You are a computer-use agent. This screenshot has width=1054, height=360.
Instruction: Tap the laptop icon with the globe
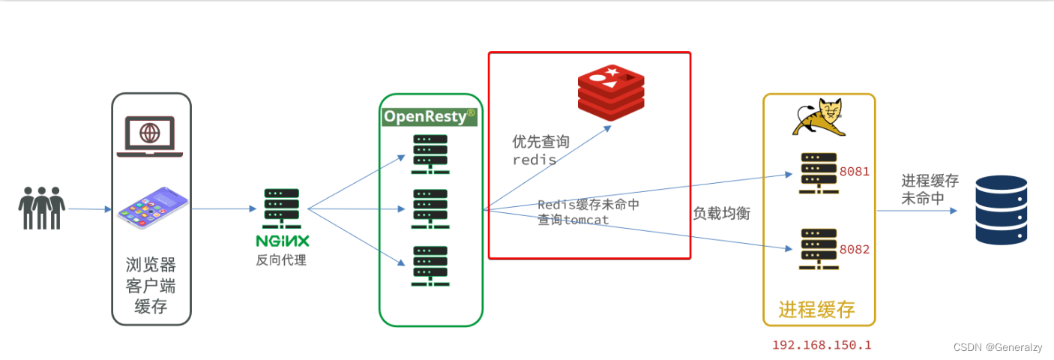click(x=150, y=136)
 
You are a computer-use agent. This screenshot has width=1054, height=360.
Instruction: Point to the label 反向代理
click(x=280, y=260)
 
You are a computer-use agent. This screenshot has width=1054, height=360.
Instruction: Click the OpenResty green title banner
click(x=430, y=116)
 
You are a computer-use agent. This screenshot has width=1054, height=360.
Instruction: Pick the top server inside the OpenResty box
click(x=430, y=154)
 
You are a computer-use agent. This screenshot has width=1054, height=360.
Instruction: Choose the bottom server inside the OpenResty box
click(x=430, y=266)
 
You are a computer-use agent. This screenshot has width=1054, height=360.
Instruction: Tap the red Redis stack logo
click(x=611, y=93)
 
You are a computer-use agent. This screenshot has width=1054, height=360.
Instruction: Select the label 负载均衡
click(x=721, y=213)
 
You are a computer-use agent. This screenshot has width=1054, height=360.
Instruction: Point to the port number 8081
click(x=855, y=171)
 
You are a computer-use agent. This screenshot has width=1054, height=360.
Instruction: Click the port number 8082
click(x=855, y=249)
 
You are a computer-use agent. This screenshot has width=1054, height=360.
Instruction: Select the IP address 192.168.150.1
click(x=822, y=345)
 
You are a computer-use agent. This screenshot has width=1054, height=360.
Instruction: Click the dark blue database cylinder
click(x=1001, y=210)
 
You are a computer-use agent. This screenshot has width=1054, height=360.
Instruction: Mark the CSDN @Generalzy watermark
click(x=997, y=347)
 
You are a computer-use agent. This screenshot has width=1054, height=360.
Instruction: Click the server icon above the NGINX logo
click(x=281, y=209)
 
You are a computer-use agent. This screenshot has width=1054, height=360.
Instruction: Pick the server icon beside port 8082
click(x=818, y=248)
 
